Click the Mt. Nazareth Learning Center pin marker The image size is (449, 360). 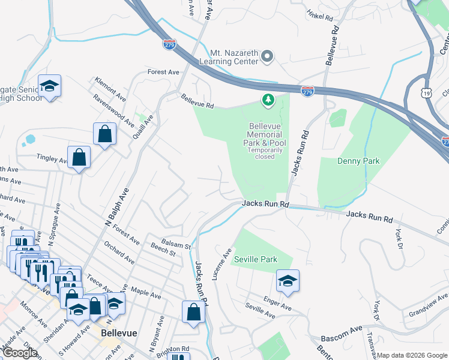[268, 58]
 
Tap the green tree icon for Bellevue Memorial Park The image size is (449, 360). [267, 100]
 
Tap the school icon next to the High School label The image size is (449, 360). [49, 86]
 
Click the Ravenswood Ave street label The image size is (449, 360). [113, 109]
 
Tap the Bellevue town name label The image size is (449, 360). [118, 332]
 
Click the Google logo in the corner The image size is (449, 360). [20, 352]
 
